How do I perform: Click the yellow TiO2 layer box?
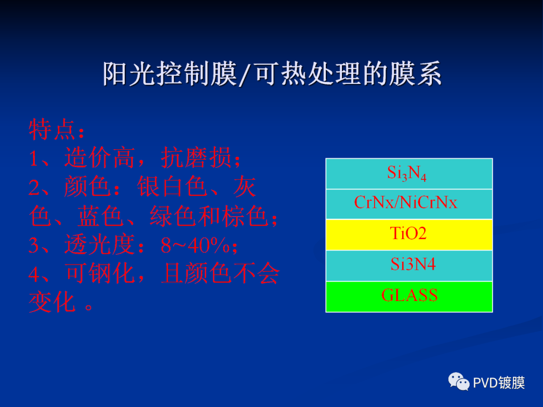point(409,234)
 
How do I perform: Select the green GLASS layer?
point(409,296)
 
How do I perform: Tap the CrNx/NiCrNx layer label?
point(406,203)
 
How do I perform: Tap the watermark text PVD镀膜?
point(499,383)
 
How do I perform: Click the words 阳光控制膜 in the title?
point(170,74)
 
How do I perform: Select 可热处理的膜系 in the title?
point(348,74)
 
